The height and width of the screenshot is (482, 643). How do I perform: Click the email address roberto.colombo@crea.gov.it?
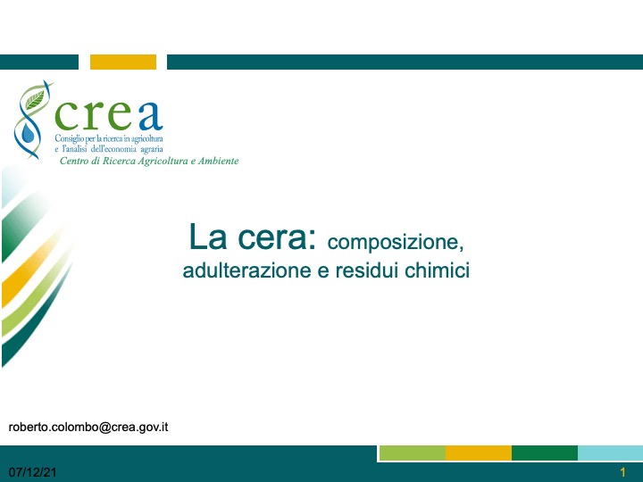coord(88,427)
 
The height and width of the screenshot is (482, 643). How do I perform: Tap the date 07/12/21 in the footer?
coord(32,472)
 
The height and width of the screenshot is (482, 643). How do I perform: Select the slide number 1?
coord(623,472)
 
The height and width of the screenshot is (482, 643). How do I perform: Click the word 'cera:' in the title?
coord(277,237)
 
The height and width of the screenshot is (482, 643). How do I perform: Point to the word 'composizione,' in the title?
coord(396,242)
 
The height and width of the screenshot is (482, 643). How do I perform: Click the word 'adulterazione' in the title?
coord(246,270)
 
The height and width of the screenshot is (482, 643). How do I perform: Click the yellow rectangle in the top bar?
coord(123,62)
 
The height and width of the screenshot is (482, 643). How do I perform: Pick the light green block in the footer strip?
coord(413,453)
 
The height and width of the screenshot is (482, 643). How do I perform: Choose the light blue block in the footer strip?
coord(610,453)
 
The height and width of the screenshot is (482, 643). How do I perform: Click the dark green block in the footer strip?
coord(545,453)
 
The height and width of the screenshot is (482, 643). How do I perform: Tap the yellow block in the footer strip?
coord(479,453)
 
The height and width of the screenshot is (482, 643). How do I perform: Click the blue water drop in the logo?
coord(28,133)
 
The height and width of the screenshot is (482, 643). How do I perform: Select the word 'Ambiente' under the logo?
coord(218,161)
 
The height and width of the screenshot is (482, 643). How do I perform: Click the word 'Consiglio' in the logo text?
coord(69,138)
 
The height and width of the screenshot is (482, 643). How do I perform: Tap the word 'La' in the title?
coord(207,237)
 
